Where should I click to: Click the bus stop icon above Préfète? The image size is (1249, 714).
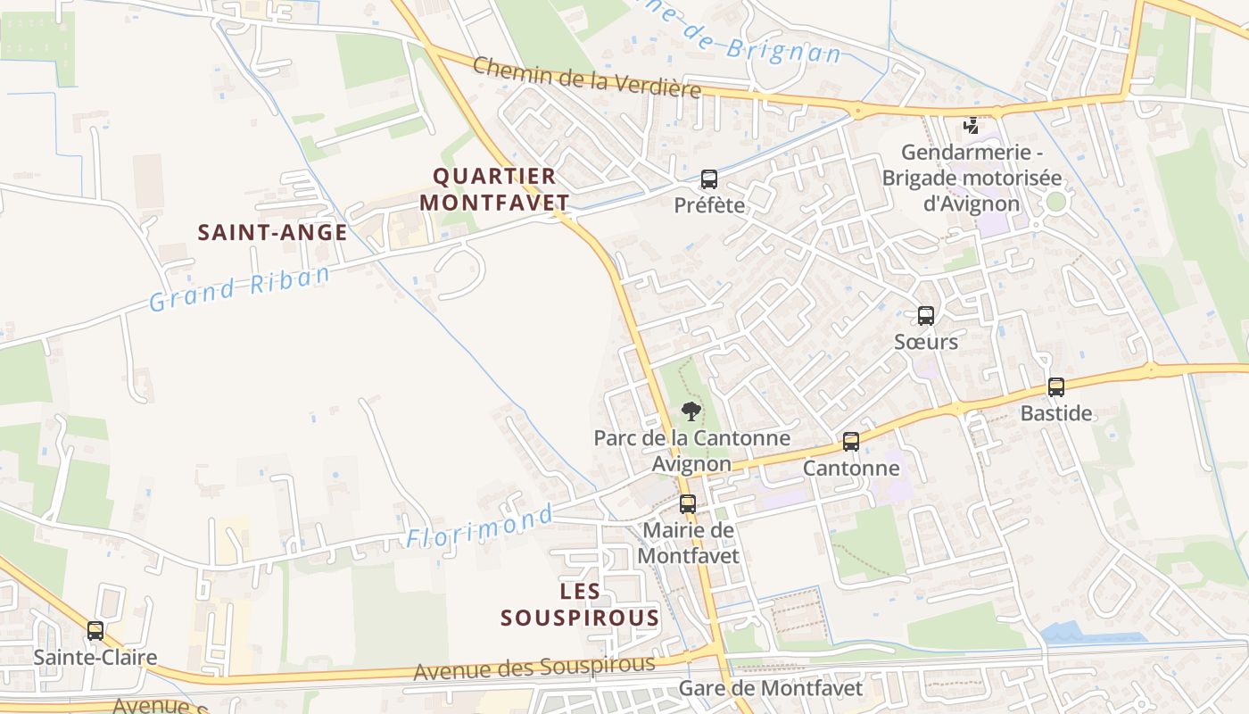tap(708, 179)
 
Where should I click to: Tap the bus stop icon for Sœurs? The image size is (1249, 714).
tap(926, 316)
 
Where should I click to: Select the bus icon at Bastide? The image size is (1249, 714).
tap(1056, 387)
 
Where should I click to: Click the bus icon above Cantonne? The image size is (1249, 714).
tap(851, 442)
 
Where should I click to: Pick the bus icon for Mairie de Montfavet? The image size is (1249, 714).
tap(687, 504)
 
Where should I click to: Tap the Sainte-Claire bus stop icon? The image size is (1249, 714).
tap(95, 631)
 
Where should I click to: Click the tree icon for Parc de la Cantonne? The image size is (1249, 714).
tap(691, 411)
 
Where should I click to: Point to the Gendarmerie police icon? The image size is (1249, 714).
tap(972, 126)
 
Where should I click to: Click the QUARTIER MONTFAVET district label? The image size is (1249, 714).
tap(494, 189)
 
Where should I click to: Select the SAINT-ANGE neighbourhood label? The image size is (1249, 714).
tap(272, 233)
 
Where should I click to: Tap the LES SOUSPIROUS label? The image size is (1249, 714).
tap(580, 604)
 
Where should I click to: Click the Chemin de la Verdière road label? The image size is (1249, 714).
tap(586, 77)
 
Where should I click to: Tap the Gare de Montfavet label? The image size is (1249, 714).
tap(771, 688)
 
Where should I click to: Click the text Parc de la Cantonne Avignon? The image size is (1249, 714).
tap(691, 451)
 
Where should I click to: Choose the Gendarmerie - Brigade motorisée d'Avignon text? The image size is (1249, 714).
tap(972, 178)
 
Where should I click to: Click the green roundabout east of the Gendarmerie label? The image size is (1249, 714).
tap(1056, 202)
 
